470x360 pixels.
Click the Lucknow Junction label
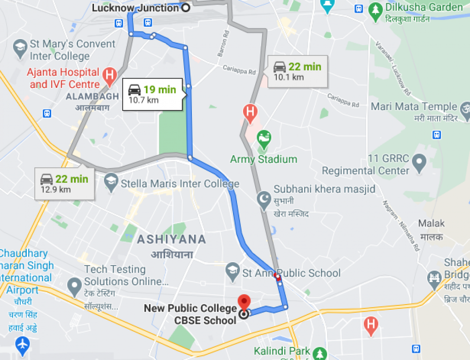tap(135, 8)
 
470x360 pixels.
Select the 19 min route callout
tap(152, 94)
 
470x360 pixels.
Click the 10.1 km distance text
tap(289, 77)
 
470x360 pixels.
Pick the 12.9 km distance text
tap(55, 189)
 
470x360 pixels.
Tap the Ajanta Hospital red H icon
tap(110, 75)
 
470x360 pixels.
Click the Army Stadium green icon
tap(265, 138)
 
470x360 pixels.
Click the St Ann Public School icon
tap(232, 270)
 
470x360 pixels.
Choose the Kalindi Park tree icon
tap(320, 352)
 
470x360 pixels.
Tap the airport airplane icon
tap(22, 344)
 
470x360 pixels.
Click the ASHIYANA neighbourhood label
tap(171, 239)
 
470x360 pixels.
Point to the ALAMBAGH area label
tap(92, 96)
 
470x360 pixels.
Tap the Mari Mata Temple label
tap(414, 107)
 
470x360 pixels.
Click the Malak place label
tap(431, 224)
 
